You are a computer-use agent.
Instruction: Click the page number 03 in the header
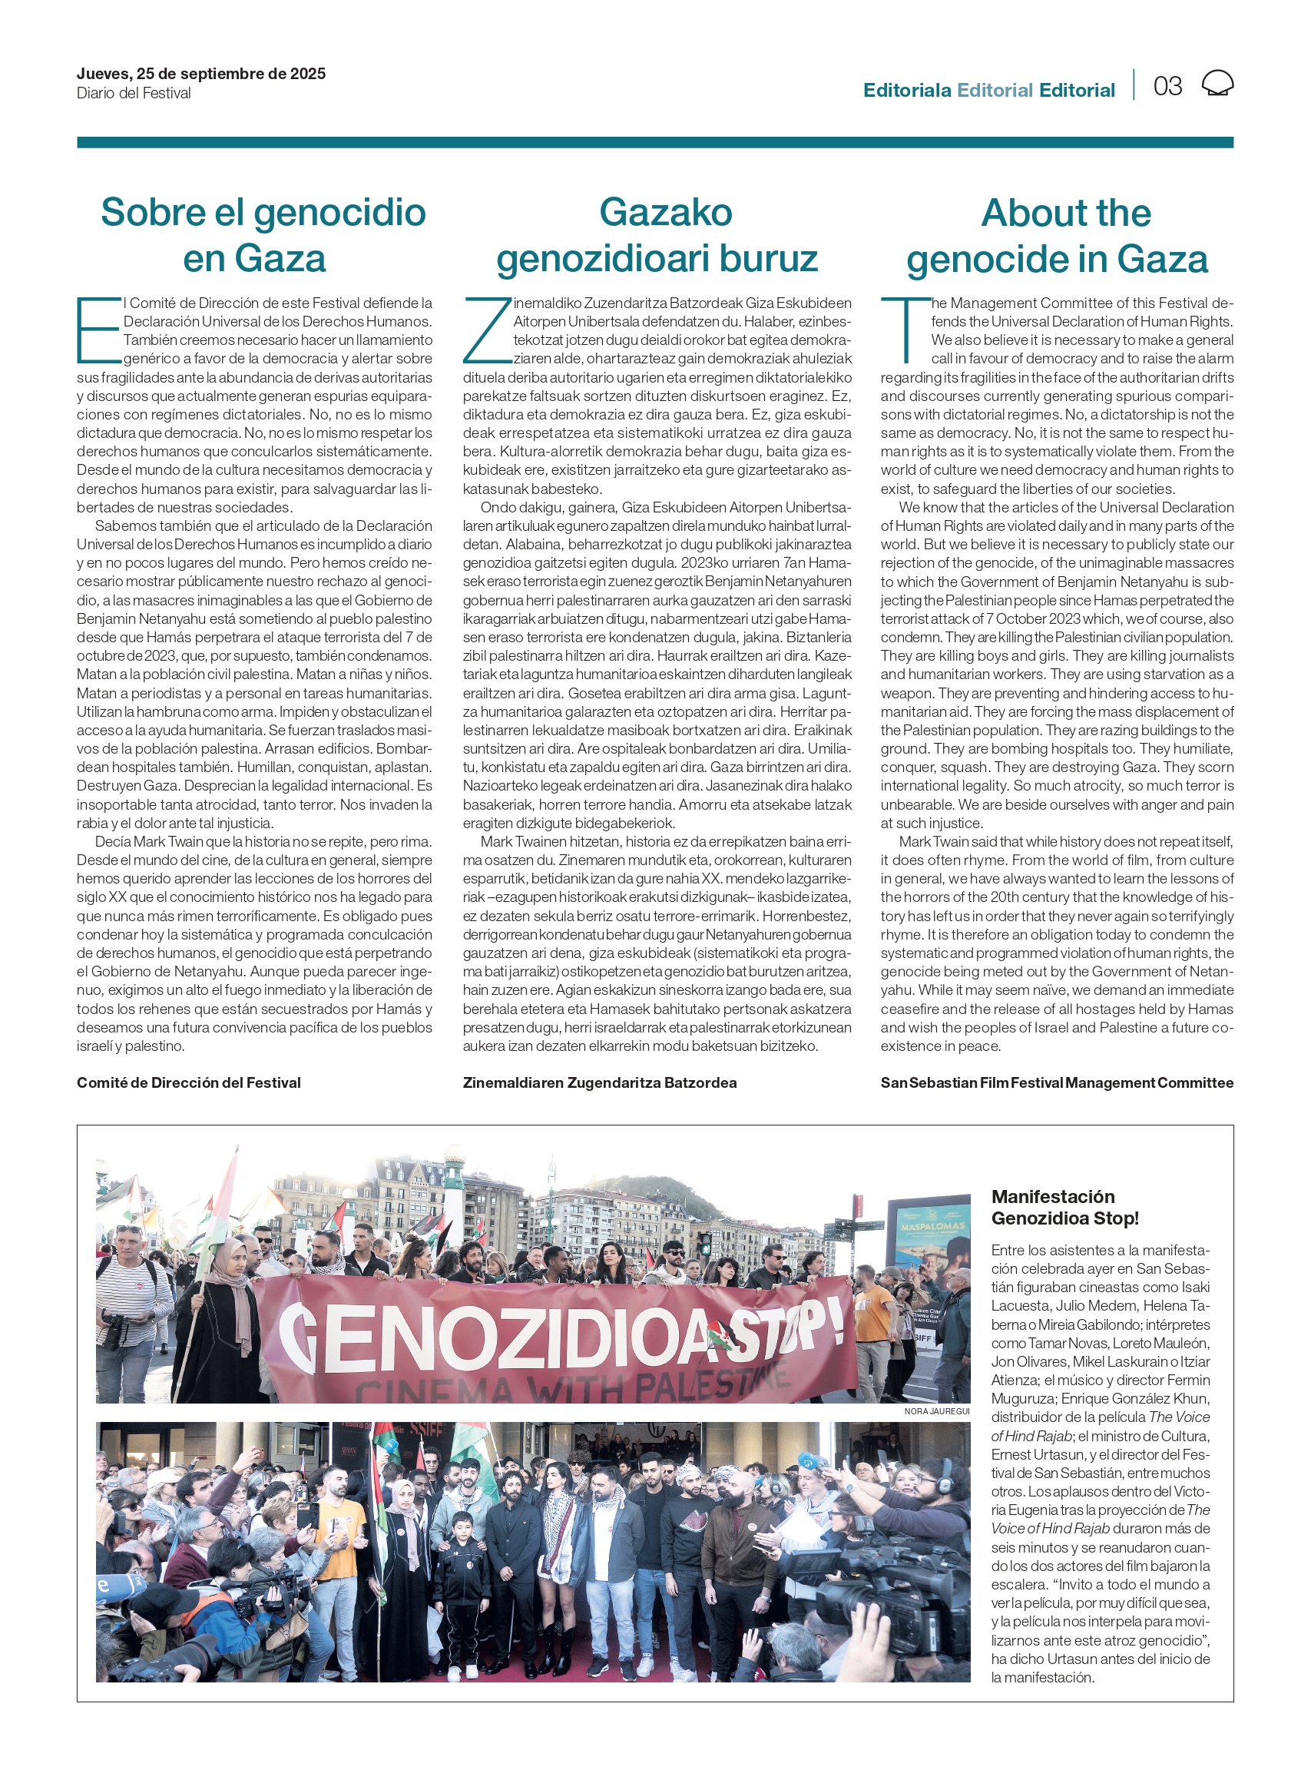pyautogui.click(x=1167, y=86)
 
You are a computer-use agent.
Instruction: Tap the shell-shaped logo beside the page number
pyautogui.click(x=1217, y=83)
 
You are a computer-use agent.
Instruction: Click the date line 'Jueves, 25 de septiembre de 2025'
pyautogui.click(x=200, y=74)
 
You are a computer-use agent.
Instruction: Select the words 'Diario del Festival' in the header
pyautogui.click(x=134, y=94)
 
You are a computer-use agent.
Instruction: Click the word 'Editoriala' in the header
pyautogui.click(x=906, y=91)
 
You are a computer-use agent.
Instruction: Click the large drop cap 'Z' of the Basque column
pyautogui.click(x=486, y=330)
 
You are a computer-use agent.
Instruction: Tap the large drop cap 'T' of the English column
pyautogui.click(x=905, y=329)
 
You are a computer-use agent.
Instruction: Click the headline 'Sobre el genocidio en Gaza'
pyautogui.click(x=263, y=236)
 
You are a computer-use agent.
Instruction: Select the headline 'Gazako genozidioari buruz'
pyautogui.click(x=657, y=236)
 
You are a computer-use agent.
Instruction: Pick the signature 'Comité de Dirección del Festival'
pyautogui.click(x=189, y=1082)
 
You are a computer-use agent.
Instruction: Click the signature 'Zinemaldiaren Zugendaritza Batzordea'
pyautogui.click(x=599, y=1082)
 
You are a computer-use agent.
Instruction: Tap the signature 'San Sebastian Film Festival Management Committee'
pyautogui.click(x=1056, y=1082)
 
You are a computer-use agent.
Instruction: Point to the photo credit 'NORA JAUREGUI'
pyautogui.click(x=936, y=1411)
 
